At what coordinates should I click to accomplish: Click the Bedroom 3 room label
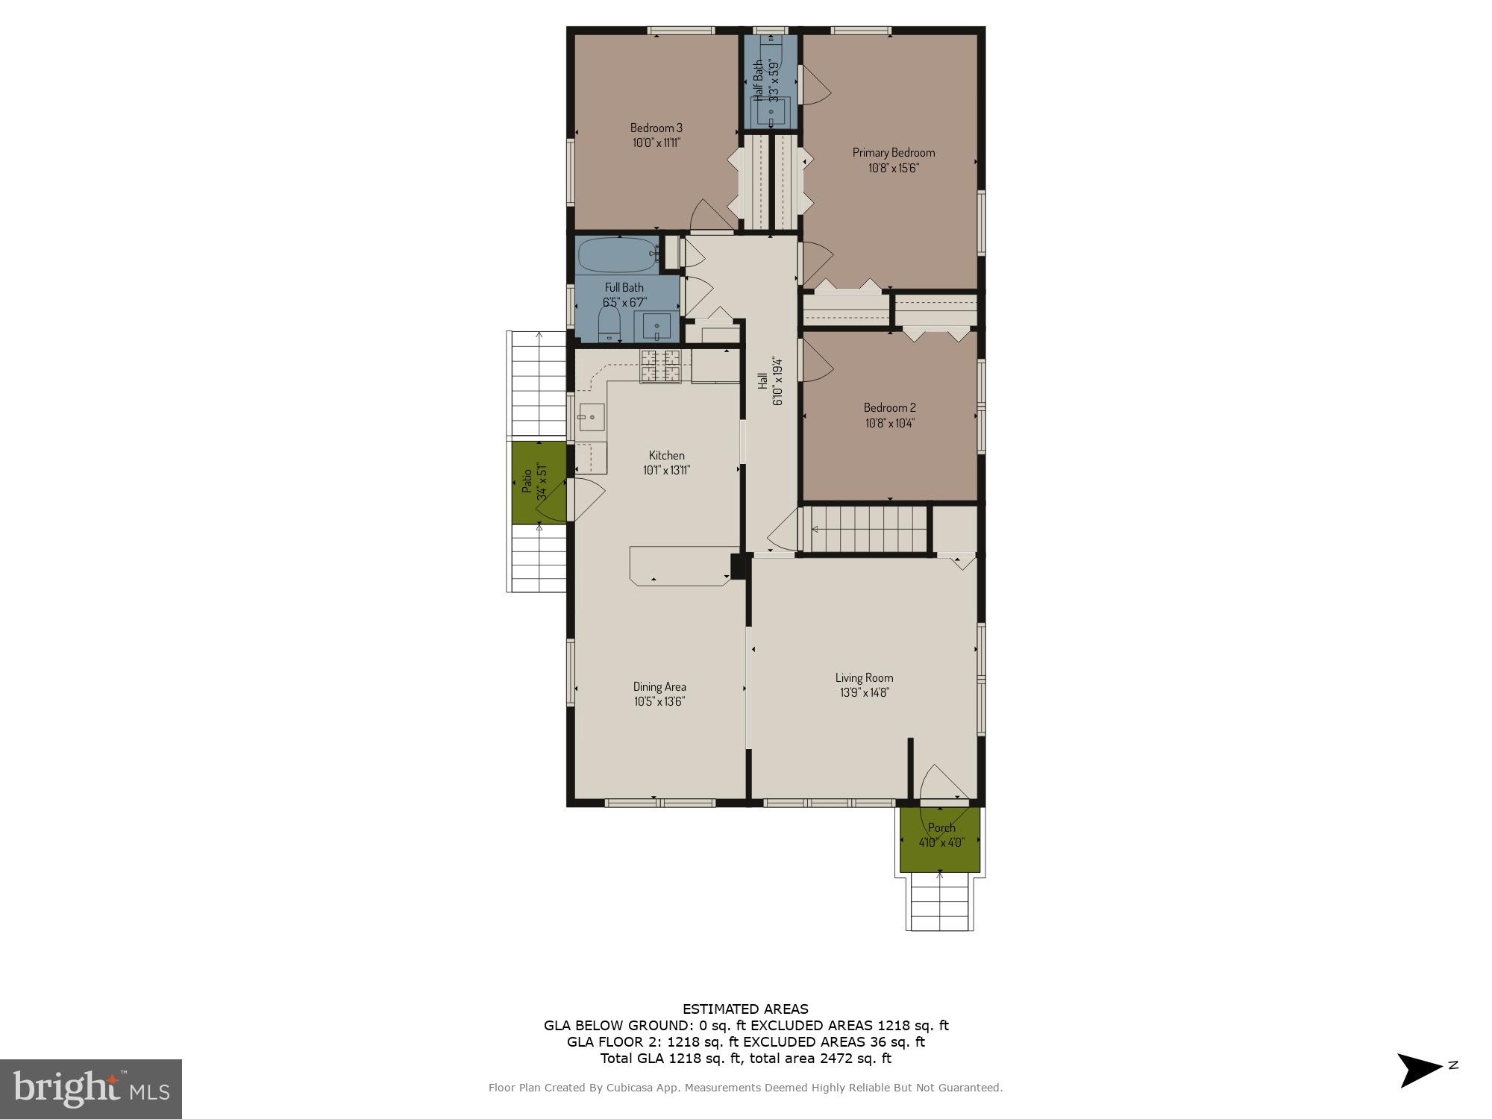click(x=656, y=128)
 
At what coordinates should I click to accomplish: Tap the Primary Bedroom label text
click(x=893, y=152)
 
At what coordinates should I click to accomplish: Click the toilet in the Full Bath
click(x=609, y=325)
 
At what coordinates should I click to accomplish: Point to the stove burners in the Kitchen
click(x=660, y=366)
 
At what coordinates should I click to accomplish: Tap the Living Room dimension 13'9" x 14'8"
click(x=864, y=692)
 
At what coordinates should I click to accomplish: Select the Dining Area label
click(x=659, y=686)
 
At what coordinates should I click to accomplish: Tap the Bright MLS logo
click(x=90, y=1088)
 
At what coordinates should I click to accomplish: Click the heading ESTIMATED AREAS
click(x=745, y=1009)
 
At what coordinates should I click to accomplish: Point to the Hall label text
click(x=762, y=380)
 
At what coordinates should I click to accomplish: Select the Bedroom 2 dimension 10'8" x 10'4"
click(x=889, y=423)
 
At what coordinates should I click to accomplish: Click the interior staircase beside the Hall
click(x=865, y=530)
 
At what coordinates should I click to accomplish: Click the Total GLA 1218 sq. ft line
click(x=745, y=1058)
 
